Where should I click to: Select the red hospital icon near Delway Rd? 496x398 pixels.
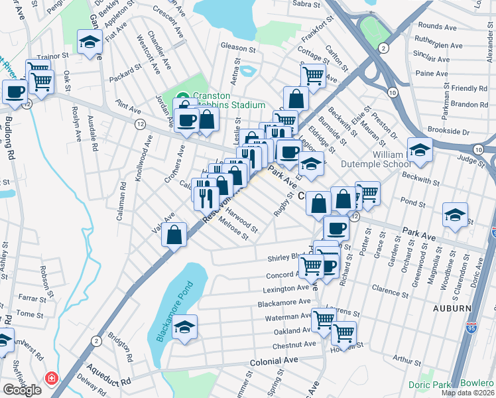point(51,379)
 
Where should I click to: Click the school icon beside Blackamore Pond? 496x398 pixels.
point(185,327)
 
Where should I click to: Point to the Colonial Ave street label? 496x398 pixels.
point(274,362)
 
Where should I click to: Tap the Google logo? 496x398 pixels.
point(22,390)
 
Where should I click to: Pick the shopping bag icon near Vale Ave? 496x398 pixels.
point(174,235)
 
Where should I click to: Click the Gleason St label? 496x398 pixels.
point(238,48)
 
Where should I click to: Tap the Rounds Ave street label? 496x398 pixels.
point(437,27)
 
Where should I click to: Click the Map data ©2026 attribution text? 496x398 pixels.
point(467,393)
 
